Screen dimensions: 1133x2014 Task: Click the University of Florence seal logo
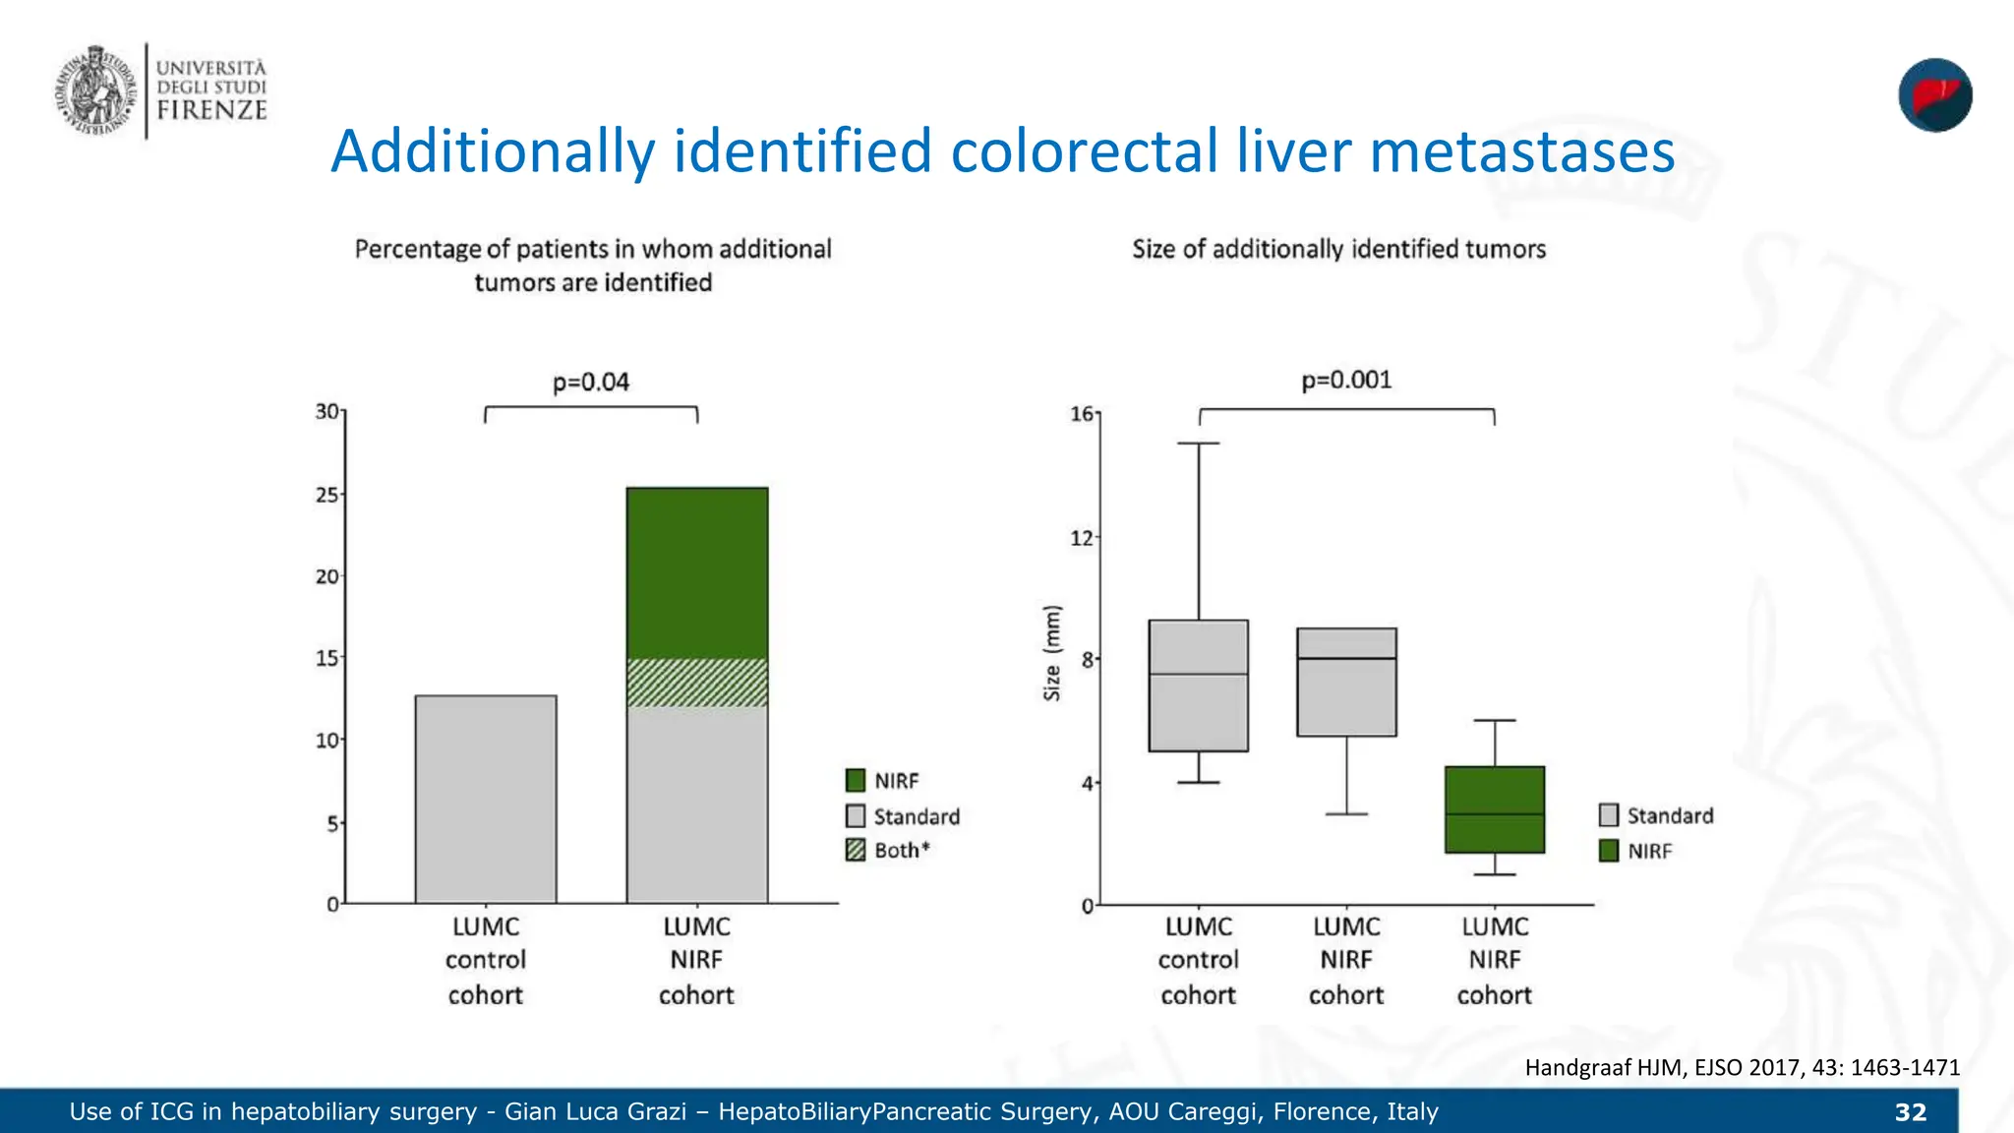(94, 90)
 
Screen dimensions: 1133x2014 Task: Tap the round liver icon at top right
(1934, 95)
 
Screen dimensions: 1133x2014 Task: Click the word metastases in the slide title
(1521, 152)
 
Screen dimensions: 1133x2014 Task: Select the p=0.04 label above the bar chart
(590, 382)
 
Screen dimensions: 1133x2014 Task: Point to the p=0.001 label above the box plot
(1346, 380)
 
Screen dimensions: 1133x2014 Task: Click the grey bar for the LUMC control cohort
(486, 799)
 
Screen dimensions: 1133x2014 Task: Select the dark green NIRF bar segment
(697, 572)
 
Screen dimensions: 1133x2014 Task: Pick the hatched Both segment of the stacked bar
(697, 683)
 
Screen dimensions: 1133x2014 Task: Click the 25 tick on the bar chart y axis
(327, 495)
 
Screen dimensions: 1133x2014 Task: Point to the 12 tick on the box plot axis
(1082, 538)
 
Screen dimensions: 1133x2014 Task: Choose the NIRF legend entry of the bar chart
(883, 781)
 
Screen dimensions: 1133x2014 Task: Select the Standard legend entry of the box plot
(1657, 815)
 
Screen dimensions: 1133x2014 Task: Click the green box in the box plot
(1494, 808)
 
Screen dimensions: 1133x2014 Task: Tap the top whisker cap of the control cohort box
(1199, 444)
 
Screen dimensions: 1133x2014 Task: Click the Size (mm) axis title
(1052, 653)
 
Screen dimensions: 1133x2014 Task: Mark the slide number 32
(1910, 1112)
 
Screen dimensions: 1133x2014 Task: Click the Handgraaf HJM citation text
(1742, 1067)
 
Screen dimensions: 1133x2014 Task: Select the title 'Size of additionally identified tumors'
(1338, 249)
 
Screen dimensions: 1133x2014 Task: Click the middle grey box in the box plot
(1346, 683)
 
